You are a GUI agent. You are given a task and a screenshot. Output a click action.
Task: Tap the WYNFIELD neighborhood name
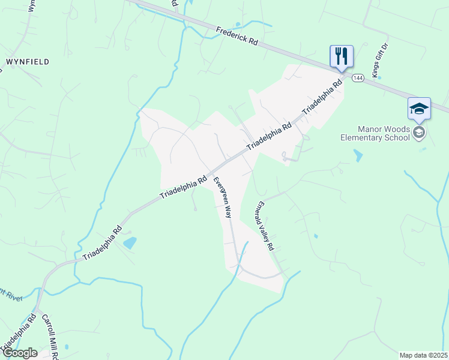point(28,62)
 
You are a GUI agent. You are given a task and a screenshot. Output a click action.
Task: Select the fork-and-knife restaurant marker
point(341,57)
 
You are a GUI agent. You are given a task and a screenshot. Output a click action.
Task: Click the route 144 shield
point(358,78)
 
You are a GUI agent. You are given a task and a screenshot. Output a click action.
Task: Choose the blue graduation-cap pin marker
point(419,109)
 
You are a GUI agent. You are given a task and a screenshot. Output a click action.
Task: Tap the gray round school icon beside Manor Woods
point(419,133)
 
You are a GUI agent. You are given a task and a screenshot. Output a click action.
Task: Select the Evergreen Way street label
point(223,197)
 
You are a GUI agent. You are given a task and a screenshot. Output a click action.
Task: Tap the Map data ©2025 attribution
point(423,355)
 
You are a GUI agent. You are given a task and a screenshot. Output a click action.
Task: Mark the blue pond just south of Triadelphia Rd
point(130,243)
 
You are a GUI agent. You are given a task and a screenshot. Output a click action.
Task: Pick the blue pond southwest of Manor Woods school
point(358,156)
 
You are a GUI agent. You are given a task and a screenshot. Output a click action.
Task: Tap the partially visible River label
point(8,295)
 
